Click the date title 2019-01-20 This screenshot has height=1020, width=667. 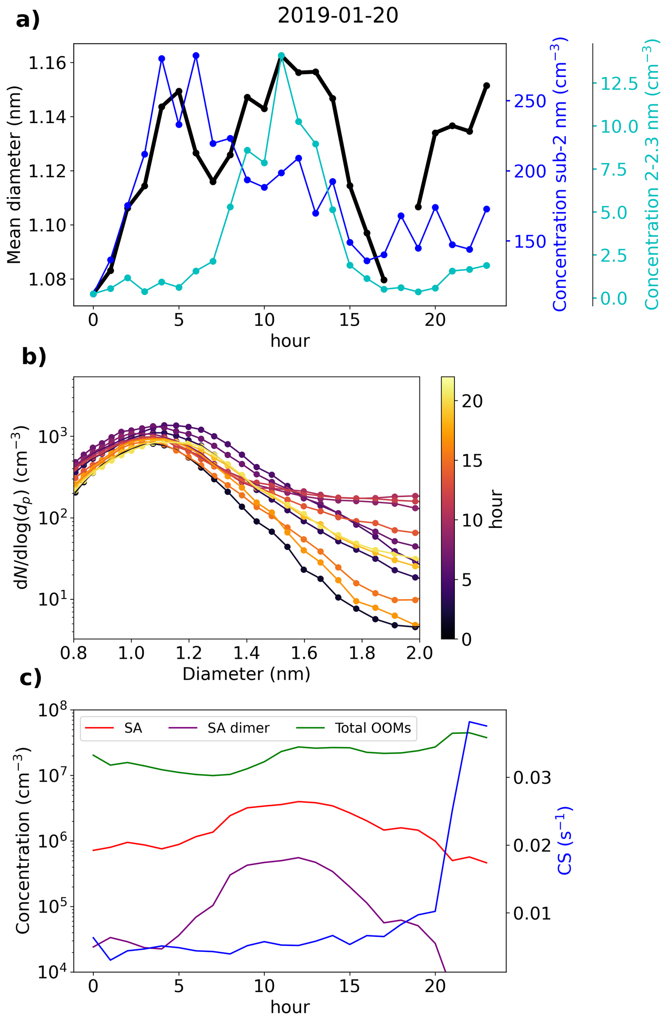coord(338,16)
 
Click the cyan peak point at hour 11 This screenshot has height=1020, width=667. coord(281,56)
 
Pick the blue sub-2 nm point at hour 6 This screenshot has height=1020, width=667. coord(196,56)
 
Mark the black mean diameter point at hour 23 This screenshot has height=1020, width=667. coord(486,86)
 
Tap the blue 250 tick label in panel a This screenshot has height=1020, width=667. coord(530,101)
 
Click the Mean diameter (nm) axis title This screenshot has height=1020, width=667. coord(14,175)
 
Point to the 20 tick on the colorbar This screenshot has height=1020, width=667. coord(472,401)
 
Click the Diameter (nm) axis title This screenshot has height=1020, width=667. coord(246,674)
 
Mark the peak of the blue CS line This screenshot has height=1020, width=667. coord(470,722)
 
